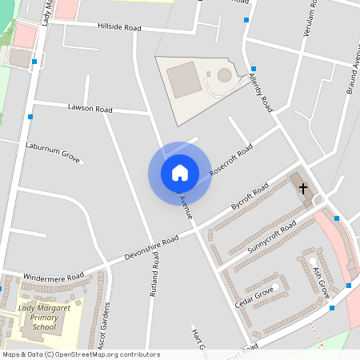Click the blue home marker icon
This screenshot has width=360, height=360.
click(180, 172)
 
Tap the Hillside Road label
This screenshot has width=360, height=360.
click(118, 27)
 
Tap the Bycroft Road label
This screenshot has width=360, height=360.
click(249, 199)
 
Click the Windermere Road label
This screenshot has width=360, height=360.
click(54, 276)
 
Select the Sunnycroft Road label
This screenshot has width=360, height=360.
click(271, 237)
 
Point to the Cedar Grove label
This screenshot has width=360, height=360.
click(254, 298)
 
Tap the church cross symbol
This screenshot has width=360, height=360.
click(303, 189)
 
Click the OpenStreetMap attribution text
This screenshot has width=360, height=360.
click(80, 354)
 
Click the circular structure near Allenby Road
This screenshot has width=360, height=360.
click(224, 75)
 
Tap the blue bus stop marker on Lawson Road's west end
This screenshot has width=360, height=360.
click(30, 118)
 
